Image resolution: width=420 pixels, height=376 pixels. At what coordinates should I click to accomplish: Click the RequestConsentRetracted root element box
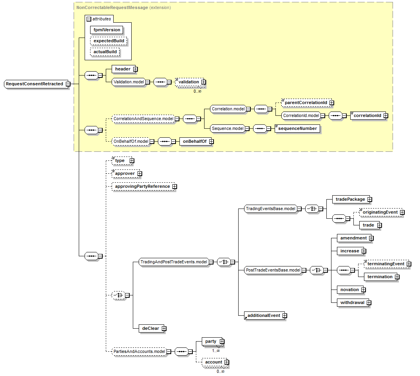[34, 84]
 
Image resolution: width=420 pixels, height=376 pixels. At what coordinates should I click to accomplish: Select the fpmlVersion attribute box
[107, 30]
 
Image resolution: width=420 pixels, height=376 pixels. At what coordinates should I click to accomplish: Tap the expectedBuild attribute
[109, 41]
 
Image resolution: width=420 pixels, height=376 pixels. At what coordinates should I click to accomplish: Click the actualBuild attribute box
[105, 52]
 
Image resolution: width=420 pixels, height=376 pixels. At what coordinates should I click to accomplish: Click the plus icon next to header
[135, 69]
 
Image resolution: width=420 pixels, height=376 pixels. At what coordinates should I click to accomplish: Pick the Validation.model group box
[128, 82]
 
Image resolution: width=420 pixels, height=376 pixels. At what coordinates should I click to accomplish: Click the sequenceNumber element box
[297, 128]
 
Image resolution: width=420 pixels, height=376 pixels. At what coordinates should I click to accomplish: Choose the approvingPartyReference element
[142, 187]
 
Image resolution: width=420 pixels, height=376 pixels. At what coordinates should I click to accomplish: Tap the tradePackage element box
[350, 199]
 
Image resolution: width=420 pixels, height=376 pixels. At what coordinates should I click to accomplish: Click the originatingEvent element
[379, 212]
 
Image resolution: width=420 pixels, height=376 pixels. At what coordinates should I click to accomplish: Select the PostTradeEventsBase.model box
[273, 270]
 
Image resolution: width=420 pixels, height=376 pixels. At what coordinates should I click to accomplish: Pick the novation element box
[349, 290]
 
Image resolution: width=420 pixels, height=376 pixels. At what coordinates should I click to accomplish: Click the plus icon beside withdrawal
[369, 303]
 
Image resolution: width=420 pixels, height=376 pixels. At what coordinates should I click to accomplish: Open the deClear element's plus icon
[164, 329]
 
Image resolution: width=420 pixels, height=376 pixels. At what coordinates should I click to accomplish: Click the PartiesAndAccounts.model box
[139, 352]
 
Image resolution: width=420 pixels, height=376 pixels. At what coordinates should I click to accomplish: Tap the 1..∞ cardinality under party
[216, 351]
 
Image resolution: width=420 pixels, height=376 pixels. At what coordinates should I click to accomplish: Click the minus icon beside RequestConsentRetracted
[68, 84]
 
